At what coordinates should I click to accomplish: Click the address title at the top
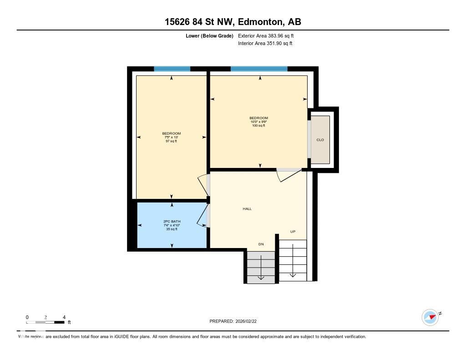coord(233,21)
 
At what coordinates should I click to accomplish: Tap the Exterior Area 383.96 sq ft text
coord(269,35)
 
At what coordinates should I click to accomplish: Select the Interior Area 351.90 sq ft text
coord(265,44)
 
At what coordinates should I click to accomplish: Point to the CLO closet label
coord(320,140)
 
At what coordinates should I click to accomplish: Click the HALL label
coord(247,209)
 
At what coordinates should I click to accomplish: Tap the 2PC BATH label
coord(172,222)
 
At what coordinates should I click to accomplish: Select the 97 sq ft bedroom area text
coord(172,141)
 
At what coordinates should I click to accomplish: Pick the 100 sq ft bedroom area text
coord(258,126)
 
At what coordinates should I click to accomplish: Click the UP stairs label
coord(293,232)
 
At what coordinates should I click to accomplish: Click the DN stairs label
coord(261,244)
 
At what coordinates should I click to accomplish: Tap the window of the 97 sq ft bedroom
coord(172,69)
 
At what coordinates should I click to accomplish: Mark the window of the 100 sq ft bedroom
coord(259,69)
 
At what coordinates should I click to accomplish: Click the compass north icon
coord(431,317)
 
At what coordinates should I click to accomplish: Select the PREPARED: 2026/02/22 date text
coord(236,321)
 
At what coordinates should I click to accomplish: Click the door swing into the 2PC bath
coord(202,216)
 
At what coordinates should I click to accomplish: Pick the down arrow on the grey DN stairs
coord(261,269)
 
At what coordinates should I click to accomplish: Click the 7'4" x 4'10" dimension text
coord(172,225)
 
